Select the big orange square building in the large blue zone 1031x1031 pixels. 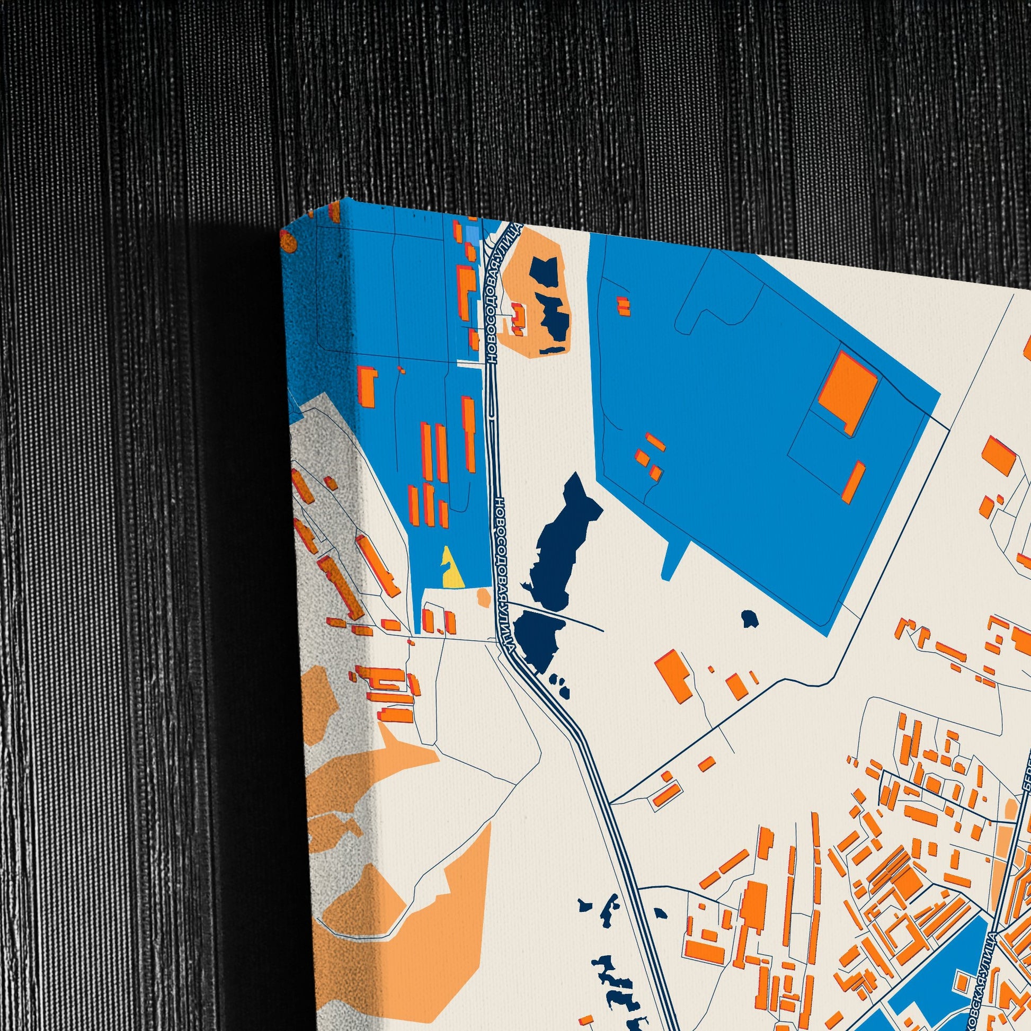click(848, 389)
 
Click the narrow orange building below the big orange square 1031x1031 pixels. click(854, 481)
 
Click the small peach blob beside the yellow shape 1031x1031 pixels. click(484, 596)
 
